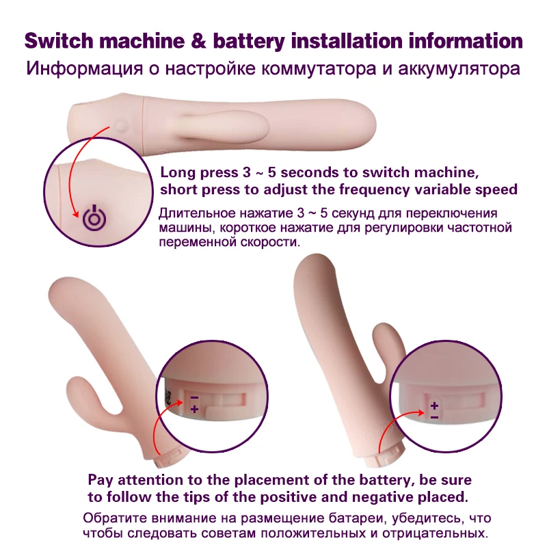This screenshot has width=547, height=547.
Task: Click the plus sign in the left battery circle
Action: (194, 409)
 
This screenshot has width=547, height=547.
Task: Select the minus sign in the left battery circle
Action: (194, 397)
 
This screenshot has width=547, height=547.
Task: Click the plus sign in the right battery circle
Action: (433, 405)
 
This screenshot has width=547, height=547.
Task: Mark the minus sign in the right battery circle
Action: (433, 416)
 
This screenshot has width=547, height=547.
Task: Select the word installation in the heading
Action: (349, 40)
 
